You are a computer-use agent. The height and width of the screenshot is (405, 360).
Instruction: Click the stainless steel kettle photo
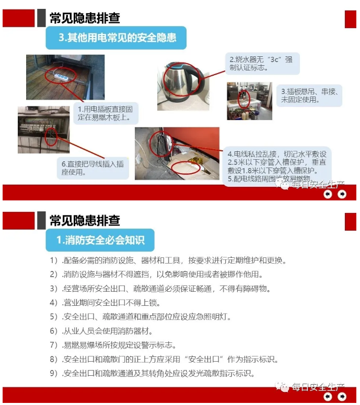(x=183, y=86)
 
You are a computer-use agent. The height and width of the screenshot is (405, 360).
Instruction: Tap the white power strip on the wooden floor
(x=61, y=76)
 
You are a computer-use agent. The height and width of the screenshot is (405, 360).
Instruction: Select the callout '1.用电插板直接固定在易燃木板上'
(x=106, y=113)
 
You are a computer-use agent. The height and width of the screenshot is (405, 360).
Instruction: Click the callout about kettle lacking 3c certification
(x=262, y=64)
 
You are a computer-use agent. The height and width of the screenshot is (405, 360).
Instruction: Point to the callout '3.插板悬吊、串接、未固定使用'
(x=309, y=96)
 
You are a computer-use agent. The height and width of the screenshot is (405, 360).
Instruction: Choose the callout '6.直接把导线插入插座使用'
(x=93, y=168)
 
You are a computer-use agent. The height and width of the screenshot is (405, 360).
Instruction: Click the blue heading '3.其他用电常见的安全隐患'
(x=116, y=38)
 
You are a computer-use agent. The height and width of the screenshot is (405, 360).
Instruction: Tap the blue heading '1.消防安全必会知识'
(x=100, y=240)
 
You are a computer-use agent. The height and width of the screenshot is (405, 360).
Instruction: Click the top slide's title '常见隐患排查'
(x=85, y=18)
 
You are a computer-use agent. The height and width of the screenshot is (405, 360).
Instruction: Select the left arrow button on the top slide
(x=328, y=194)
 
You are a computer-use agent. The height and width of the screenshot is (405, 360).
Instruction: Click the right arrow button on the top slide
(x=342, y=194)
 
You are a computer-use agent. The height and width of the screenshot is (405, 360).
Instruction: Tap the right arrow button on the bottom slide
(x=342, y=396)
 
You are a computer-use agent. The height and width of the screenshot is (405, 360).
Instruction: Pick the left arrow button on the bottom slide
(x=328, y=396)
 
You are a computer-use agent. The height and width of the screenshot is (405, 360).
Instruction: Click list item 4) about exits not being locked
(x=105, y=303)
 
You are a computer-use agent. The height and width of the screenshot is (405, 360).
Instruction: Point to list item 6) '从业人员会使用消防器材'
(x=101, y=331)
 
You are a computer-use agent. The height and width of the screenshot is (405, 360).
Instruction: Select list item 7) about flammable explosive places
(x=113, y=345)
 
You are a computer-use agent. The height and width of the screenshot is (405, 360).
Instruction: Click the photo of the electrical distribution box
(x=44, y=129)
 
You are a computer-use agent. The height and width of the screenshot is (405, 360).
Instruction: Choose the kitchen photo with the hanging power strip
(x=250, y=101)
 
